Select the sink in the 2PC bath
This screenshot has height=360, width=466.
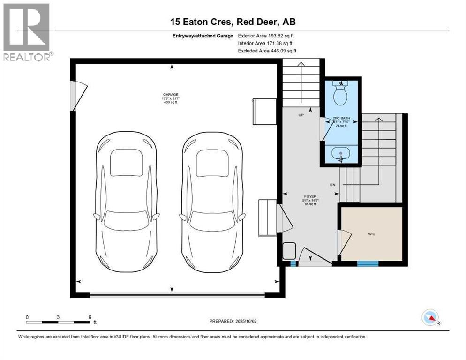pyautogui.click(x=341, y=154)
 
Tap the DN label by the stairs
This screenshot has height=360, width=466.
pyautogui.click(x=333, y=185)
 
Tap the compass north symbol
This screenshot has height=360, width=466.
pyautogui.click(x=430, y=317)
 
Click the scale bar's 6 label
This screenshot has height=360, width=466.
pyautogui.click(x=90, y=317)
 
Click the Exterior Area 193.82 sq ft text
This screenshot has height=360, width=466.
pyautogui.click(x=267, y=36)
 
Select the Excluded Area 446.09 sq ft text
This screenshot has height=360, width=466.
pyautogui.click(x=267, y=51)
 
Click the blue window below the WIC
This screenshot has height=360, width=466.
pyautogui.click(x=368, y=264)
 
